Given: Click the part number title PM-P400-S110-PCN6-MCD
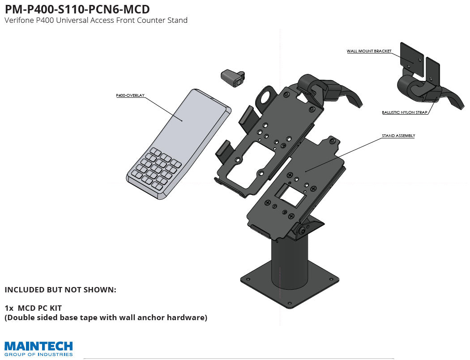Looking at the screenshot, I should pyautogui.click(x=77, y=9).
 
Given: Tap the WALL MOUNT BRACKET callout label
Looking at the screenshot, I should pyautogui.click(x=369, y=51).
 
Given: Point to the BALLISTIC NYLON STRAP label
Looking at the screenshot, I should pyautogui.click(x=405, y=112).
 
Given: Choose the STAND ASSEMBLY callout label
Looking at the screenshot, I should pyautogui.click(x=398, y=135).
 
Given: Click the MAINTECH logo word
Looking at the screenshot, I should pyautogui.click(x=38, y=346).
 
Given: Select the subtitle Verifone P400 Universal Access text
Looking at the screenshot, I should pyautogui.click(x=96, y=21).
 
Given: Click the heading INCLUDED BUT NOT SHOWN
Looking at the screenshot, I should pyautogui.click(x=60, y=290).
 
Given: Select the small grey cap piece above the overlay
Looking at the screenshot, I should pyautogui.click(x=232, y=77).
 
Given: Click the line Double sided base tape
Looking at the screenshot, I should pyautogui.click(x=106, y=318).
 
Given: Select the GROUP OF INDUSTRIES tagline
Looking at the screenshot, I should pyautogui.click(x=38, y=354).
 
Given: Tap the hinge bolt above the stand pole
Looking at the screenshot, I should pyautogui.click(x=303, y=231).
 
